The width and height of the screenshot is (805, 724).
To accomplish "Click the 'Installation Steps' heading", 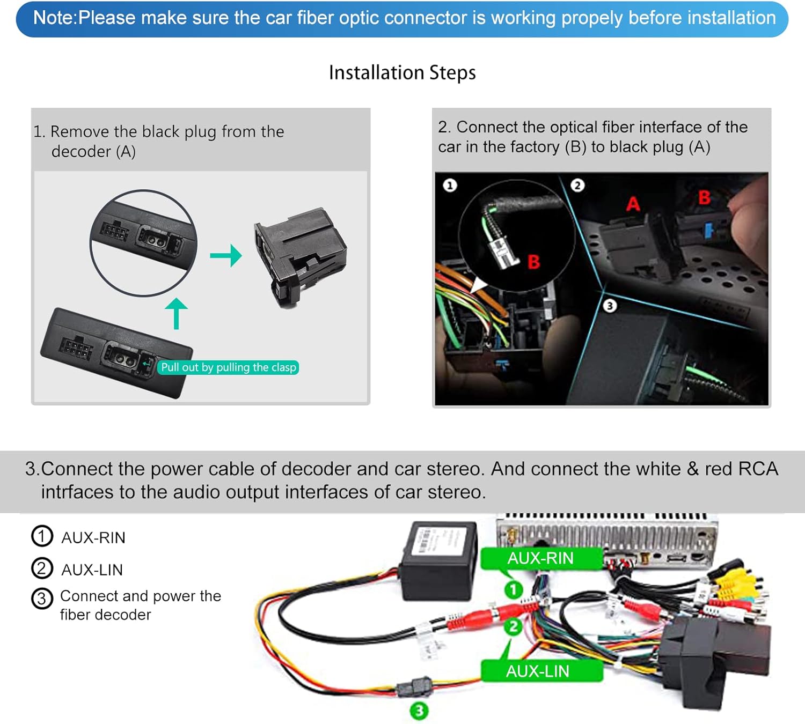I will (x=402, y=72).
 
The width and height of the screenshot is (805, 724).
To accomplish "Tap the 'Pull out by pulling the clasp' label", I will (x=228, y=367).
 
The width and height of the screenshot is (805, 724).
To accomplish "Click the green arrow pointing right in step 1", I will (x=226, y=255).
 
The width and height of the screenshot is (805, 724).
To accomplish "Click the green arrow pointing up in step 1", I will (x=176, y=313).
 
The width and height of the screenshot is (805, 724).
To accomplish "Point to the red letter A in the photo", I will (x=633, y=204).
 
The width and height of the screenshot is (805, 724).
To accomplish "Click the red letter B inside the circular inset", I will (x=533, y=262).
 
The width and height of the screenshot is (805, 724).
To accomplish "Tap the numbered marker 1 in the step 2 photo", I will (x=450, y=186).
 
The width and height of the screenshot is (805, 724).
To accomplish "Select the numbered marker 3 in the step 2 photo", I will (x=609, y=306).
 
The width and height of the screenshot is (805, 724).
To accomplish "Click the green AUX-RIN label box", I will (x=540, y=558).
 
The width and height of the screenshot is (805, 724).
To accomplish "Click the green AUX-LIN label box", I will (x=538, y=671).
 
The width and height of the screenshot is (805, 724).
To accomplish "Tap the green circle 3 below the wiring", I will (x=419, y=711).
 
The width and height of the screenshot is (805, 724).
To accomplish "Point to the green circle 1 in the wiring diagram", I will (x=513, y=590).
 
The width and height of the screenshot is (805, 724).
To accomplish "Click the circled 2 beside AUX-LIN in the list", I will (x=42, y=568).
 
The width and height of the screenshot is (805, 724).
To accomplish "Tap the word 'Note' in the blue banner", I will (x=54, y=18).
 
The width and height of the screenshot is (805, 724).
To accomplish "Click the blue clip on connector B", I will (x=709, y=231).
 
